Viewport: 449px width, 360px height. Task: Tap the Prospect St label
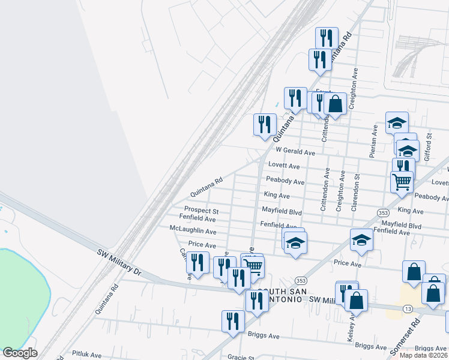pos(201,212)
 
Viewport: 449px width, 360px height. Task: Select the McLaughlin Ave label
pos(193,231)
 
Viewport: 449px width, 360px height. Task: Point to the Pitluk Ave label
pos(87,355)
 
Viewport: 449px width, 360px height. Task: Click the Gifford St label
pos(429,143)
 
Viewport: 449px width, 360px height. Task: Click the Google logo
pos(20,353)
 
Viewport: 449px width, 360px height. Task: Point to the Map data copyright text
pos(424,355)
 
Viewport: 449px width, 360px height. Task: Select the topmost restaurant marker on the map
pos(326,38)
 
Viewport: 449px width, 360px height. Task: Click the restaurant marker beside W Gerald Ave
pos(265,124)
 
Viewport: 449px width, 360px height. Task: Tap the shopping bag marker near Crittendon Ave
pos(336,103)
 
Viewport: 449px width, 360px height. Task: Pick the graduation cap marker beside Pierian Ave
pos(396,122)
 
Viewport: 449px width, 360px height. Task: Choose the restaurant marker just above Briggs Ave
pos(233,320)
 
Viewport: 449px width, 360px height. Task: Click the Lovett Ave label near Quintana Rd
pos(284,166)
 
